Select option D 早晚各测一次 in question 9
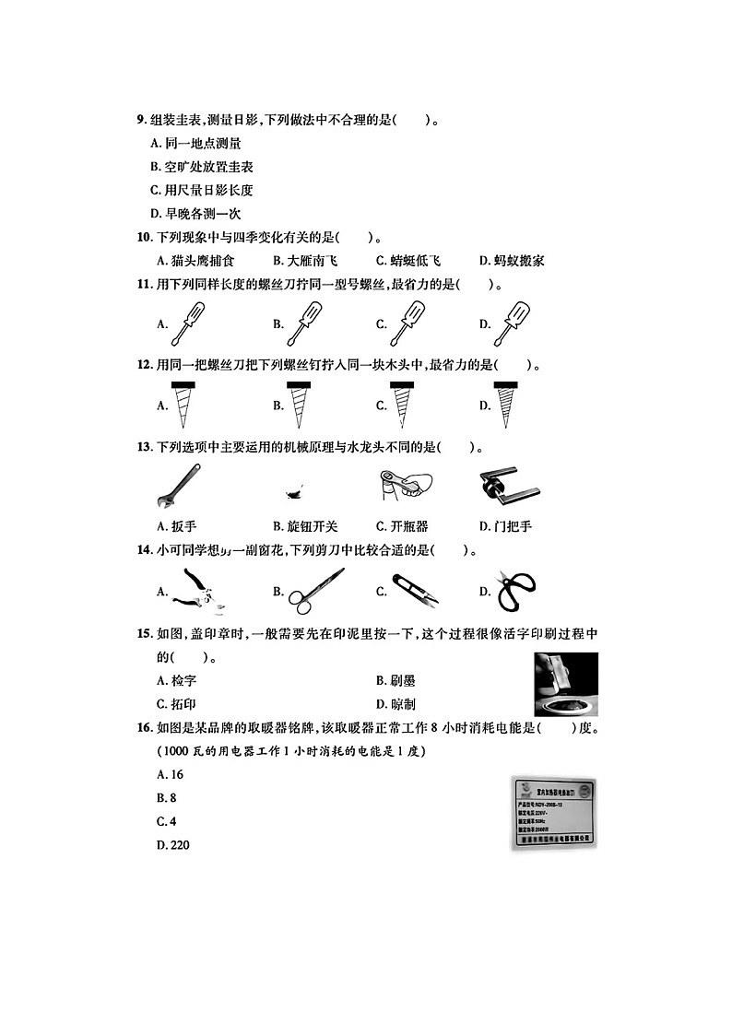tap(195, 214)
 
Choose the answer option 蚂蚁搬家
tap(512, 261)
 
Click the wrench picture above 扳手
tap(179, 486)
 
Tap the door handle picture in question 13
tap(509, 487)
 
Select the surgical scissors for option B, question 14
tap(314, 591)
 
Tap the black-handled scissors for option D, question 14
tap(516, 591)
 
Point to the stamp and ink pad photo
tap(565, 684)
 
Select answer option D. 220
tap(173, 845)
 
